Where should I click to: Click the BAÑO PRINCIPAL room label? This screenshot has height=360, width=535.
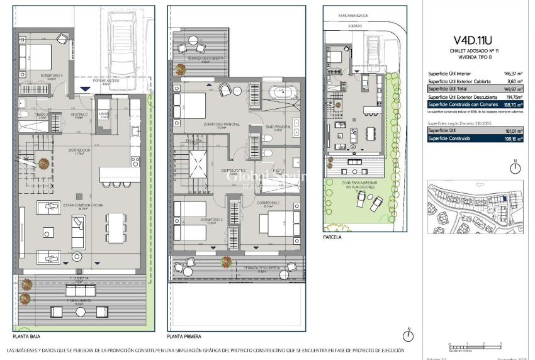pos(278,127)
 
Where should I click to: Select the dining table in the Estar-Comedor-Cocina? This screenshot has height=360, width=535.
pos(115,227)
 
